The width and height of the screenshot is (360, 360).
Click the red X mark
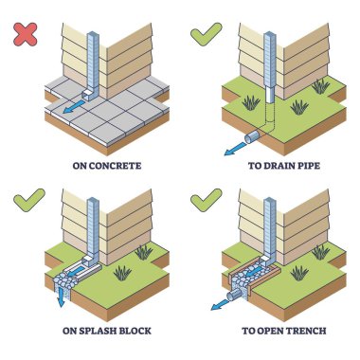pyautogui.click(x=26, y=34)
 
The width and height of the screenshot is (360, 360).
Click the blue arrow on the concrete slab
pyautogui.click(x=74, y=107)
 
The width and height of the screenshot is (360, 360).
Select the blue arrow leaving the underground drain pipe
pyautogui.click(x=235, y=149)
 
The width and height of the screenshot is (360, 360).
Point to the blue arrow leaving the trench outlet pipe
pyautogui.click(x=221, y=304)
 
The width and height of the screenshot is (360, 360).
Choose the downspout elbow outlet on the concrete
pyautogui.click(x=88, y=95)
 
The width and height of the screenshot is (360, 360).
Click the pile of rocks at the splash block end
pyautogui.click(x=64, y=280)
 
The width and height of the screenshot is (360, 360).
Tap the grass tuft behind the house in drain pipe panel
pyautogui.click(x=320, y=86)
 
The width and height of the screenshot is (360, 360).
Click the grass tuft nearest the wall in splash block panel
pyautogui.click(x=144, y=252)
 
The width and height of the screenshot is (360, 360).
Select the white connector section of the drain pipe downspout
pyautogui.click(x=270, y=95)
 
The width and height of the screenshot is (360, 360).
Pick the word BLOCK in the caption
pyautogui.click(x=135, y=331)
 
